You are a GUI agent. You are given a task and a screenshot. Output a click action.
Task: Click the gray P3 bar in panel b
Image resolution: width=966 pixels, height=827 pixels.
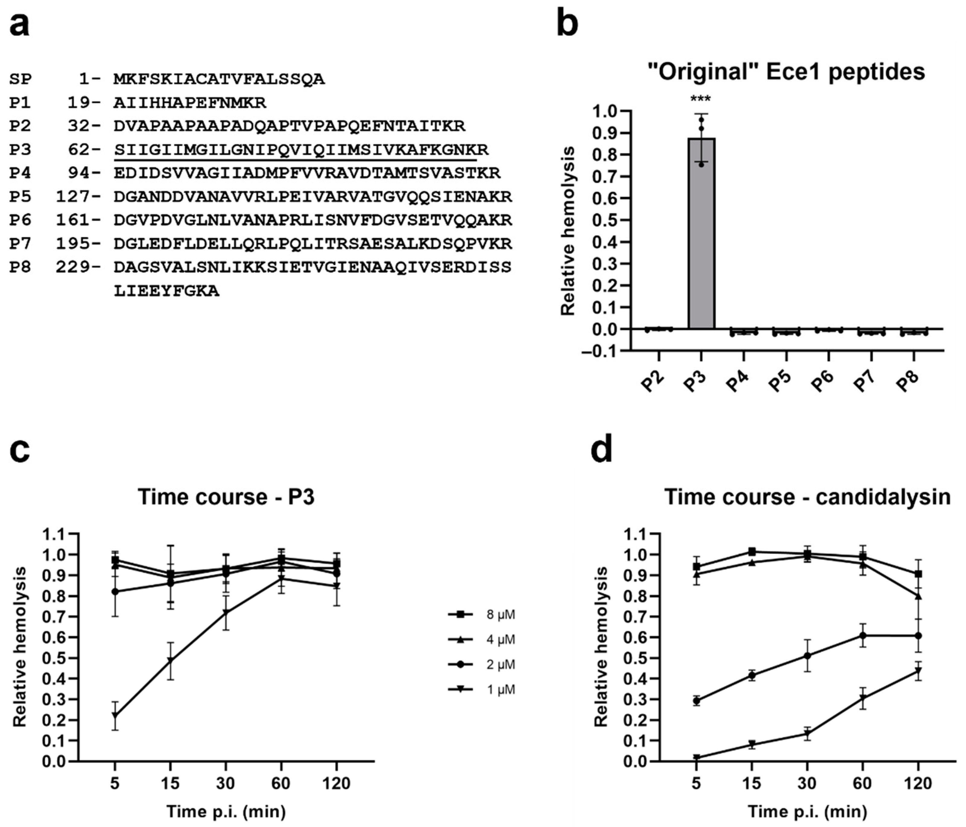point(701,233)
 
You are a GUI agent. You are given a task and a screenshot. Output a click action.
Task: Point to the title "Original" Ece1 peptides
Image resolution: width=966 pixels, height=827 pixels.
point(786,72)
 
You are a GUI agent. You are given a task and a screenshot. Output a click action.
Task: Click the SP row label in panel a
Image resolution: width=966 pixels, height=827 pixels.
point(21,79)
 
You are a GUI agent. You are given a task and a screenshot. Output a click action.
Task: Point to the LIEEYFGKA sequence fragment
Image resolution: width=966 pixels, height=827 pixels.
point(167,291)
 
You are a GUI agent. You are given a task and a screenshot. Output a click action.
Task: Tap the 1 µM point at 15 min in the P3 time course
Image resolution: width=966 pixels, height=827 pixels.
point(171,661)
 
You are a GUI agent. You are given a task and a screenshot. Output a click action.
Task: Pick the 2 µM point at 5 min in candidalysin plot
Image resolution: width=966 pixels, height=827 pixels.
point(696,701)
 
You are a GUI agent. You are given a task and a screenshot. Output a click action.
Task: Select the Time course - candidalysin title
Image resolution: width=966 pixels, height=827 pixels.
point(807,497)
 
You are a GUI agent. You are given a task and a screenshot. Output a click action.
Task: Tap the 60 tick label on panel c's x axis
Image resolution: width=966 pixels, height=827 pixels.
point(281,783)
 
